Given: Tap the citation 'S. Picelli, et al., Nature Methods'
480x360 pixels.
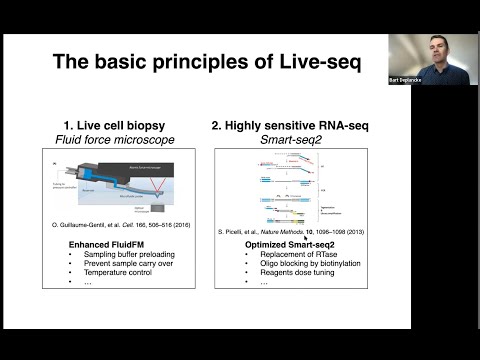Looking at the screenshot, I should tap(285, 232).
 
